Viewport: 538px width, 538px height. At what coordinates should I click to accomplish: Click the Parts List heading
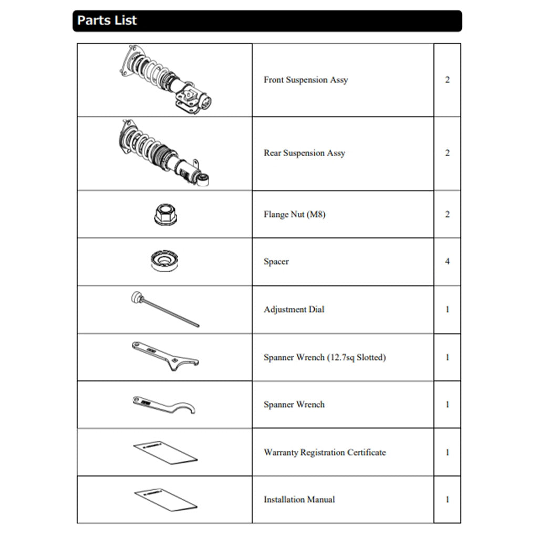[x=107, y=20]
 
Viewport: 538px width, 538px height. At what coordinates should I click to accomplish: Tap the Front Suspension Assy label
[x=306, y=80]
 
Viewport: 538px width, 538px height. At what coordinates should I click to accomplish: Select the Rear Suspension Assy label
[x=304, y=153]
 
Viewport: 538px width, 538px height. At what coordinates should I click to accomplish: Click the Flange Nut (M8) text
[x=294, y=214]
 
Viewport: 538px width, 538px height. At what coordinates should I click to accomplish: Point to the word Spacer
[x=276, y=261]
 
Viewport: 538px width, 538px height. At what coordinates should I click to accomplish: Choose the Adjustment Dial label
[x=294, y=309]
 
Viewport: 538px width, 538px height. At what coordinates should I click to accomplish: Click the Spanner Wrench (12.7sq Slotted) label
[x=325, y=357]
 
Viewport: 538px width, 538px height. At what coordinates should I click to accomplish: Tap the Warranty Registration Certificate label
[x=325, y=452]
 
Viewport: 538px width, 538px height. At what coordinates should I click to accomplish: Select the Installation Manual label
[x=299, y=499]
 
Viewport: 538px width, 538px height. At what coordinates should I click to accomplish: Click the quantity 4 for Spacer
[x=447, y=261]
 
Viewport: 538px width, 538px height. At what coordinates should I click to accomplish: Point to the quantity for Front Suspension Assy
[x=447, y=80]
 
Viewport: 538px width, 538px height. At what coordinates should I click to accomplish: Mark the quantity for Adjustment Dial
[x=447, y=309]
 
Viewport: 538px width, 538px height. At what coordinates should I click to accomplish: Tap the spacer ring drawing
[x=164, y=261]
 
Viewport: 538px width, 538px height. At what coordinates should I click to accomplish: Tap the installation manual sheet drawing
[x=165, y=499]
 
